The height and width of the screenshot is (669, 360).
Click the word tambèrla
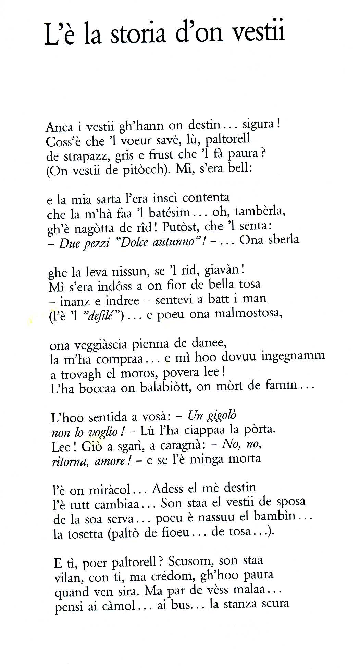(x=260, y=211)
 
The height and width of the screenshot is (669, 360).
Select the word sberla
(x=284, y=239)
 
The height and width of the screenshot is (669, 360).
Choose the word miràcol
(x=109, y=490)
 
